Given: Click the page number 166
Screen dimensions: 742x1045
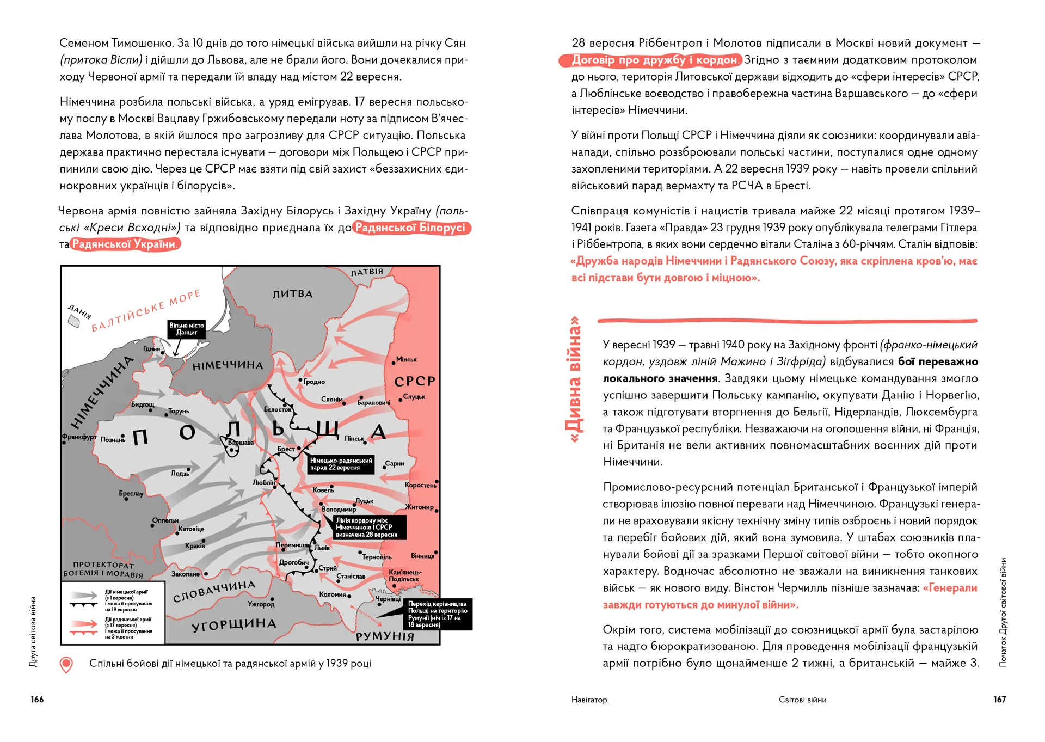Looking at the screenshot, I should pyautogui.click(x=37, y=700).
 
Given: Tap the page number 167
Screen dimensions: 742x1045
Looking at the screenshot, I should pyautogui.click(x=999, y=700).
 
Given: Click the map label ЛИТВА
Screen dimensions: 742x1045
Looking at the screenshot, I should pyautogui.click(x=293, y=294).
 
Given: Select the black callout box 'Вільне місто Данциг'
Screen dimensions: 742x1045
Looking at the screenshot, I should pyautogui.click(x=186, y=329).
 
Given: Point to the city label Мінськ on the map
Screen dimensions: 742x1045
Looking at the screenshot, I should pyautogui.click(x=406, y=359).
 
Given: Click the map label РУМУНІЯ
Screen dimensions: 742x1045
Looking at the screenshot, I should pyautogui.click(x=385, y=636).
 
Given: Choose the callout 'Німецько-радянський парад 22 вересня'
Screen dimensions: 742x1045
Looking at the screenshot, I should pyautogui.click(x=341, y=464).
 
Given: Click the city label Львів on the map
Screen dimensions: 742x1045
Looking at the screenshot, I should pyautogui.click(x=322, y=548).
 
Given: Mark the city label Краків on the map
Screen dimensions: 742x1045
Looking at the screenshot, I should pyautogui.click(x=195, y=545).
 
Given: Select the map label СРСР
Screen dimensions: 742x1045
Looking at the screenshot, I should pyautogui.click(x=415, y=381).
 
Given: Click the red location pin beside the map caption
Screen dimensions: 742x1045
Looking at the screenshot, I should pyautogui.click(x=66, y=664).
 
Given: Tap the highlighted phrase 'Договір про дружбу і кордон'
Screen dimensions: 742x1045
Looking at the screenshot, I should pyautogui.click(x=651, y=60).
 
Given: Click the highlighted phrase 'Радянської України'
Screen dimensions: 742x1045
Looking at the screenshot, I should pyautogui.click(x=125, y=244).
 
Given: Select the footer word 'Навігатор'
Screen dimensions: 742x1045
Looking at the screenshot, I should pyautogui.click(x=589, y=700).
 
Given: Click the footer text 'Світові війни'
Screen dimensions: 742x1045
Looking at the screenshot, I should pyautogui.click(x=802, y=700).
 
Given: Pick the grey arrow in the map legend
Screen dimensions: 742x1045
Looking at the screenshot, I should pyautogui.click(x=83, y=595).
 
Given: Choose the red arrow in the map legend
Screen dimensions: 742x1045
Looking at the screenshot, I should pyautogui.click(x=83, y=624).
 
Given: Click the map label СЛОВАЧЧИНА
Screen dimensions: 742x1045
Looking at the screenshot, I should pyautogui.click(x=214, y=591).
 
